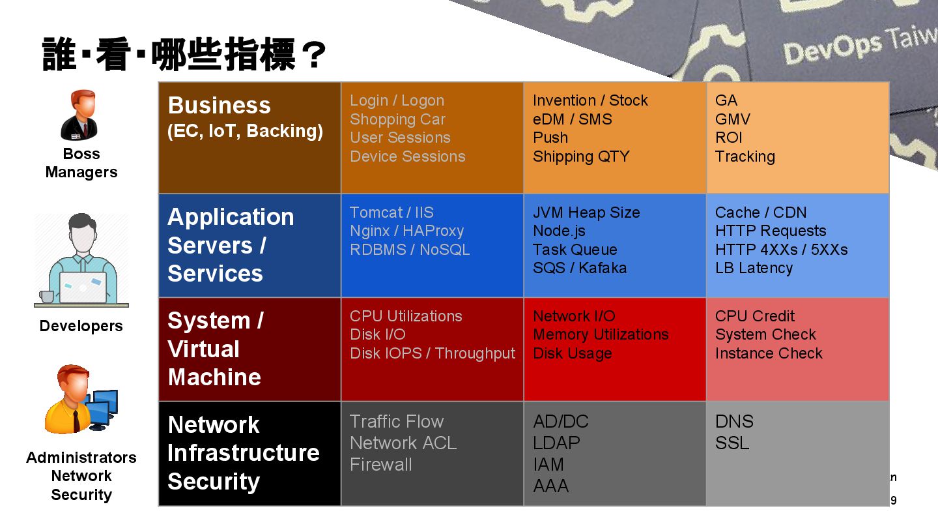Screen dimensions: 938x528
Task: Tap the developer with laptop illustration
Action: pyautogui.click(x=81, y=261)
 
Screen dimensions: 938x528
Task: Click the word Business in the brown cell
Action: pyautogui.click(x=219, y=106)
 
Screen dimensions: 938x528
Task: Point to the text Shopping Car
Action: pyautogui.click(x=397, y=119)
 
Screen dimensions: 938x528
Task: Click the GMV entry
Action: pyautogui.click(x=732, y=119)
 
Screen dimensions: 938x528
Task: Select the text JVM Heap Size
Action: pyautogui.click(x=586, y=213)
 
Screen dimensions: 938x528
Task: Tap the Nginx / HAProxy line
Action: pyautogui.click(x=406, y=231)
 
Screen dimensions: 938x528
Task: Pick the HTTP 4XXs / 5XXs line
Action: pyautogui.click(x=781, y=250)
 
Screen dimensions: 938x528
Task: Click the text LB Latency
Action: pyautogui.click(x=754, y=268)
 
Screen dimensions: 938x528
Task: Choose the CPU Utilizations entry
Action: pyautogui.click(x=406, y=316)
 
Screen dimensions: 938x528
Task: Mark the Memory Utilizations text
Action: pyautogui.click(x=601, y=334)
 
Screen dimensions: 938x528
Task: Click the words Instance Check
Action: pyautogui.click(x=769, y=353)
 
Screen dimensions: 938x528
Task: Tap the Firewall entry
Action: pyautogui.click(x=380, y=465)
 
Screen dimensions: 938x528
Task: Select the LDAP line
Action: pyautogui.click(x=556, y=443)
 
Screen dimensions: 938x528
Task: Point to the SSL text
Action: pyautogui.click(x=732, y=443)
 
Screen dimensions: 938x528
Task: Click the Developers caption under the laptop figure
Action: pyautogui.click(x=81, y=326)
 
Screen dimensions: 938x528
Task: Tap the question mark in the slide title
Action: pyautogui.click(x=313, y=56)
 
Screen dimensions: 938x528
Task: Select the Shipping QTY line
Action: pyautogui.click(x=581, y=156)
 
